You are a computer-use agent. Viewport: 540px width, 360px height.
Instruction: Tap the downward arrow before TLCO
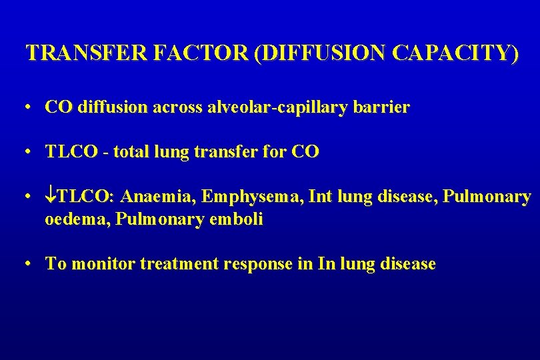pyautogui.click(x=51, y=197)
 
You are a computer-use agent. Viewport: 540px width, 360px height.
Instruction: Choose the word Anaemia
pyautogui.click(x=159, y=197)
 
